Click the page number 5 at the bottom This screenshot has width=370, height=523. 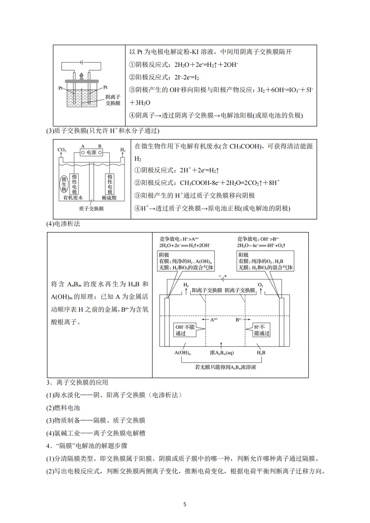[x=185, y=504]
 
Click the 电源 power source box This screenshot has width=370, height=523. [x=91, y=152]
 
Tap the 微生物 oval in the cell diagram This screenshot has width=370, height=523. [x=64, y=184]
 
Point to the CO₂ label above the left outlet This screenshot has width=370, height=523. [x=62, y=150]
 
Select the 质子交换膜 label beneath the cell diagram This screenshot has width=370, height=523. [x=91, y=208]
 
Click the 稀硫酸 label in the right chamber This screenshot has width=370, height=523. [x=109, y=198]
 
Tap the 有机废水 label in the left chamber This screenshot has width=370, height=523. [x=73, y=198]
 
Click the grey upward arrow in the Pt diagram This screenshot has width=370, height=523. [x=81, y=75]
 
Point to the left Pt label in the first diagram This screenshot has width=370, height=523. [x=60, y=88]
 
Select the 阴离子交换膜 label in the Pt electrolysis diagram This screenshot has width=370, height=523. [x=113, y=100]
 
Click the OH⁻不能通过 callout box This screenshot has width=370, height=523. [x=185, y=330]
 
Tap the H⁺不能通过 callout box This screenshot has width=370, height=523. [x=262, y=330]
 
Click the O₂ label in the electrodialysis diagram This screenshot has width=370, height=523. [x=260, y=285]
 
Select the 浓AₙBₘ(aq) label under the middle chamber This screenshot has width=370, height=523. [x=222, y=352]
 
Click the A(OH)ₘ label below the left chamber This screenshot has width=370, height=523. [x=183, y=352]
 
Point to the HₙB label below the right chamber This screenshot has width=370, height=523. [x=261, y=352]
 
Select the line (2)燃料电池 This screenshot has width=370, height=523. [x=63, y=408]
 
